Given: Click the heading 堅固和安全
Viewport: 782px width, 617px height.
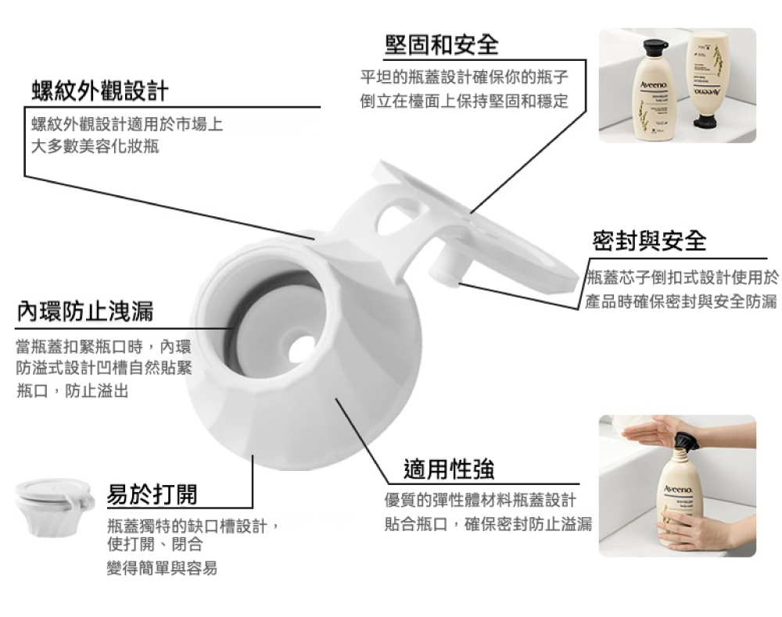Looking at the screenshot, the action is [x=442, y=45].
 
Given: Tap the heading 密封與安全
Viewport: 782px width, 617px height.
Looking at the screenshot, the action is [x=649, y=241].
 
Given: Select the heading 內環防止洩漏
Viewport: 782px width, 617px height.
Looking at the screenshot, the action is [x=85, y=311].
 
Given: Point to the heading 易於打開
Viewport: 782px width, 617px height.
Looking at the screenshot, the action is [x=152, y=494].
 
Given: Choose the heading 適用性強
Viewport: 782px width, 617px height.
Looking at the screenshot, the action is [x=449, y=469].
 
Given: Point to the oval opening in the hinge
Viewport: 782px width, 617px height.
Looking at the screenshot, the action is [x=400, y=216].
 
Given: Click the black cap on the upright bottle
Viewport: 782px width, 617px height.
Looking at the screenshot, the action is [x=655, y=48].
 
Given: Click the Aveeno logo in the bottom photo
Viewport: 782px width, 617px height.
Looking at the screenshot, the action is [x=678, y=490].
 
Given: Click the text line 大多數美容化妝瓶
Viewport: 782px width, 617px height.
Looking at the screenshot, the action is [x=95, y=146].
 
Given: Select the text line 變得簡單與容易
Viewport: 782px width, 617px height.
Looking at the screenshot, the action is [x=162, y=568].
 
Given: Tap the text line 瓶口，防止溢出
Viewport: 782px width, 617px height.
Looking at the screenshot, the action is [x=72, y=391].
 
